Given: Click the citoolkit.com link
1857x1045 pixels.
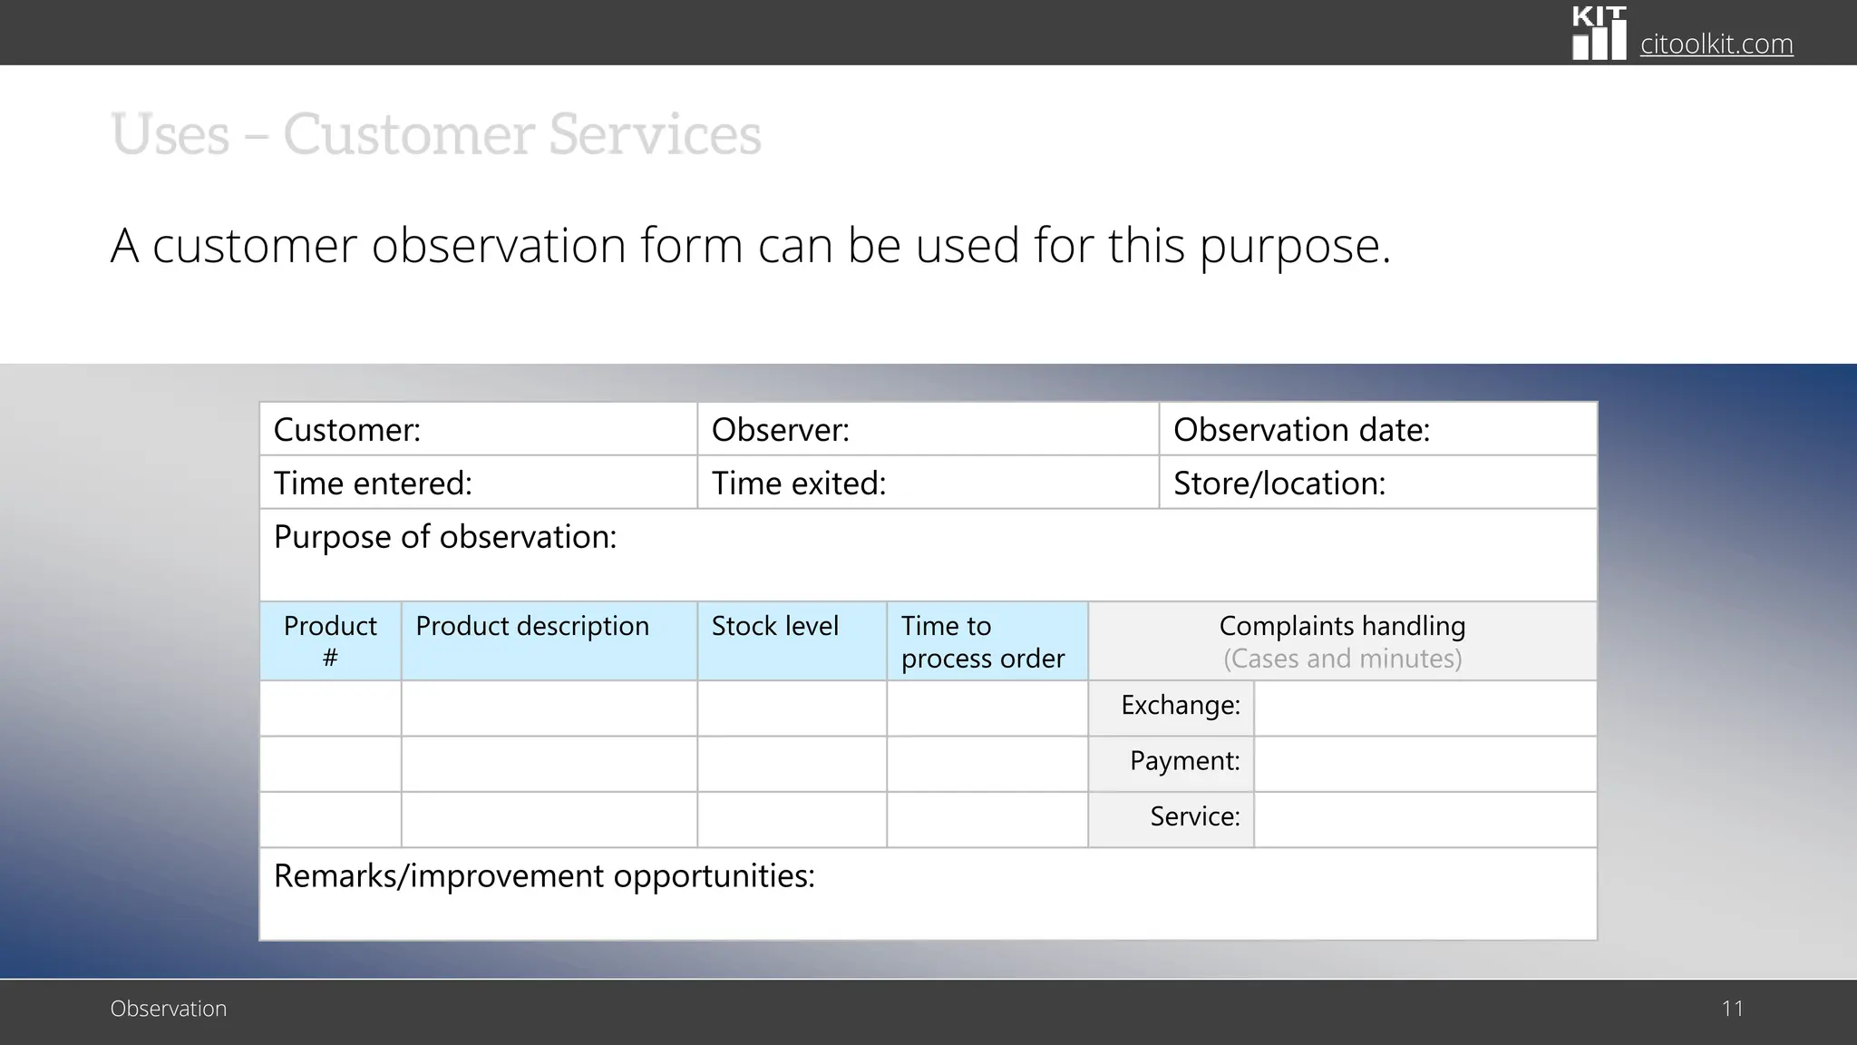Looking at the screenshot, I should click(1716, 44).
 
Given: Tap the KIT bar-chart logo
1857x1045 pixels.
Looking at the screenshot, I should click(1599, 34).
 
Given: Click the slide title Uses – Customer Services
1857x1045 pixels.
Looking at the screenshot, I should click(435, 134).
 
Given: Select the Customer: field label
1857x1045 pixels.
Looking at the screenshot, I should click(347, 430).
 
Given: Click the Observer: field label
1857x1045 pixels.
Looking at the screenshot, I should click(780, 430).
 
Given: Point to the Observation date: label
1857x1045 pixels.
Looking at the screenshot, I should click(1301, 430).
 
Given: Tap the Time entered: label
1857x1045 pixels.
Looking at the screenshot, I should click(373, 483).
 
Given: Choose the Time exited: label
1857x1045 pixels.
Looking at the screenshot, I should click(798, 483).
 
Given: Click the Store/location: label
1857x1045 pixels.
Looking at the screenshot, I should click(1279, 483).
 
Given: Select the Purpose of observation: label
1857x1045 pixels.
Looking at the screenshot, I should click(444, 537).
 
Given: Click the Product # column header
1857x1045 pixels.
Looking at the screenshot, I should click(330, 640).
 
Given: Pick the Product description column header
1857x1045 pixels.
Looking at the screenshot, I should click(532, 626).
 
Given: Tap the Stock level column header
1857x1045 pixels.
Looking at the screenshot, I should click(774, 626).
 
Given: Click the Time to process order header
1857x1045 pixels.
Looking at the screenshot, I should click(982, 641).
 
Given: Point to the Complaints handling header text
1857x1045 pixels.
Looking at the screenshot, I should click(1342, 626).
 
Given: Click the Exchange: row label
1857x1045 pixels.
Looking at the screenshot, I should click(1180, 705).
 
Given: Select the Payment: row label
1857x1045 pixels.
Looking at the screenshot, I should click(1184, 761).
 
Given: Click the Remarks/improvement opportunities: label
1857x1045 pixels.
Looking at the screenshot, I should click(544, 876).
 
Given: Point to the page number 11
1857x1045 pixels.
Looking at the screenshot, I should click(1732, 1009).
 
